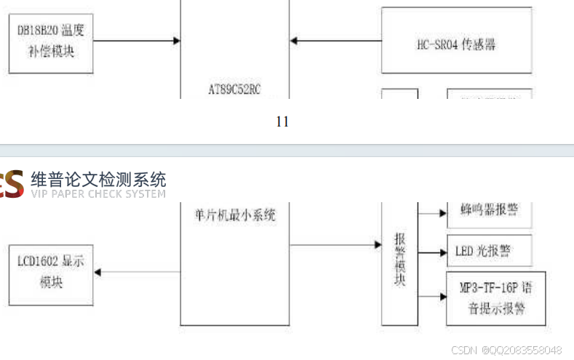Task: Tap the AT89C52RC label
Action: point(234,90)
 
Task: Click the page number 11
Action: point(282,122)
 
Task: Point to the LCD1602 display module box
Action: point(51,271)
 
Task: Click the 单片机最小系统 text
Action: point(234,215)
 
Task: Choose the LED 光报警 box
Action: point(489,252)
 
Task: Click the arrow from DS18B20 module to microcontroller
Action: point(137,40)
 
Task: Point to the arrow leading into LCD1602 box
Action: point(138,272)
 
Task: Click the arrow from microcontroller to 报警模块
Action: point(335,244)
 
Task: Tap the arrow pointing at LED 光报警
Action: point(432,252)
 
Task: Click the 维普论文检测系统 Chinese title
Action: point(98,179)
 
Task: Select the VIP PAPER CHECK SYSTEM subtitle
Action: point(98,194)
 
